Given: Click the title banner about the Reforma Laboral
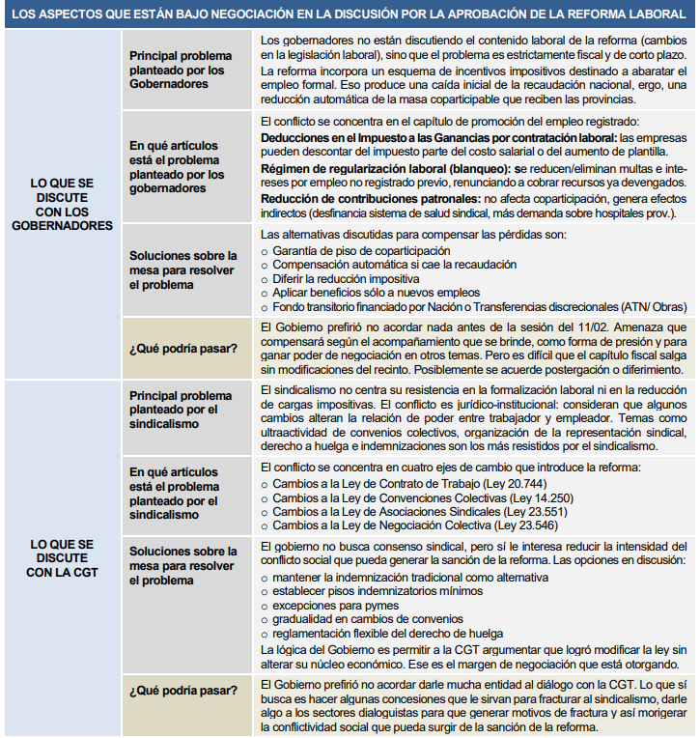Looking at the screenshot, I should click(350, 14).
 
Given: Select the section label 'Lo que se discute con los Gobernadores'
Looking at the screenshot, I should click(62, 204).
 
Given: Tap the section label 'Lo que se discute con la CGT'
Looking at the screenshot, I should click(62, 557).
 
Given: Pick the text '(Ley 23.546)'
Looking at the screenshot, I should click(499, 526).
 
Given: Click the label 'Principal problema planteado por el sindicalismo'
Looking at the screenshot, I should click(181, 410).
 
